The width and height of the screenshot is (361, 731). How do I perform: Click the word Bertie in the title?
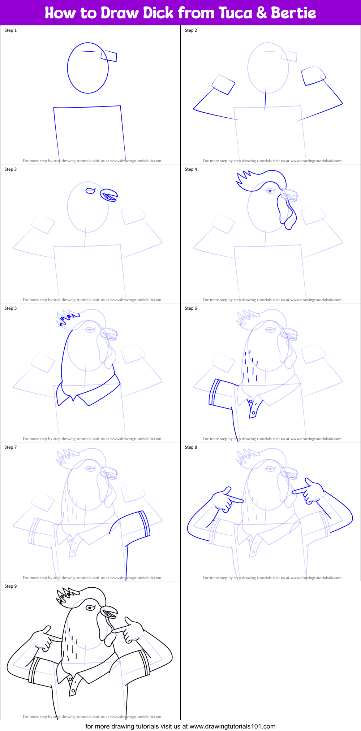pyautogui.click(x=293, y=13)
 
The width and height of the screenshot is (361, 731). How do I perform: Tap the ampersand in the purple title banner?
pyautogui.click(x=263, y=13)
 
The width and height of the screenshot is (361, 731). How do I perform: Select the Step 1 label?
pyautogui.click(x=10, y=30)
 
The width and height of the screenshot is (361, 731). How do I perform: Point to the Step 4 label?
pyautogui.click(x=191, y=169)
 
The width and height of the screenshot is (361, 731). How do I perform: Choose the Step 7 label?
pyautogui.click(x=10, y=447)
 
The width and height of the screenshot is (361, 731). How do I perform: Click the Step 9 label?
pyautogui.click(x=10, y=586)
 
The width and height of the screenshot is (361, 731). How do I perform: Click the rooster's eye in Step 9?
pyautogui.click(x=90, y=608)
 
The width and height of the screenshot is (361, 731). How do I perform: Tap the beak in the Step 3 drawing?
pyautogui.click(x=109, y=195)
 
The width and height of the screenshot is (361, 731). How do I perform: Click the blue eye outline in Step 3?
pyautogui.click(x=90, y=191)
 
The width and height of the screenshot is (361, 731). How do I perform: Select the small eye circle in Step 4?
pyautogui.click(x=270, y=191)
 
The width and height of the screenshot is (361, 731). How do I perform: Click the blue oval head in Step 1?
pyautogui.click(x=88, y=68)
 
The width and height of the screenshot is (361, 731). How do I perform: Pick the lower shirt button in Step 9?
pyautogui.click(x=73, y=691)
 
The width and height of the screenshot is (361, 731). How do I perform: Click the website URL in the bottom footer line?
pyautogui.click(x=232, y=726)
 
